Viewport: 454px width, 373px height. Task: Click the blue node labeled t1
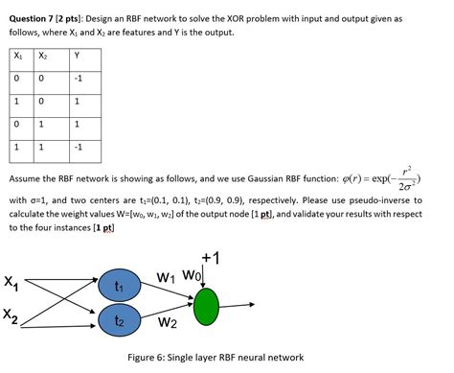[119, 285]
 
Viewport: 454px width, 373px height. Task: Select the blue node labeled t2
[119, 319]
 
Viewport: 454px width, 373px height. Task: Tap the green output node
[206, 307]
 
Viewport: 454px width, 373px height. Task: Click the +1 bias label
[211, 258]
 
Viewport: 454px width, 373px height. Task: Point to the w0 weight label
[192, 275]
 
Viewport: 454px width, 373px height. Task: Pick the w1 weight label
[166, 277]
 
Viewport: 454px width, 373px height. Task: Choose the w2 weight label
[168, 322]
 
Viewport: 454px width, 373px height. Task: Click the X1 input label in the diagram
[11, 283]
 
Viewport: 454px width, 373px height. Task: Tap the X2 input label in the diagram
[11, 315]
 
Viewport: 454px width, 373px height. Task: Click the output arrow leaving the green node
[237, 306]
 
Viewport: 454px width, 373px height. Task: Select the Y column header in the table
[77, 56]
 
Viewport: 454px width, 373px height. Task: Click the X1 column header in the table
[18, 56]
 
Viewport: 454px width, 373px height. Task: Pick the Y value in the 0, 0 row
[79, 79]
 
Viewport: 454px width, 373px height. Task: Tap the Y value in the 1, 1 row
[79, 147]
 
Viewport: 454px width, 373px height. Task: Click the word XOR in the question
[236, 19]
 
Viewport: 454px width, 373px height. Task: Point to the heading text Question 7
[32, 19]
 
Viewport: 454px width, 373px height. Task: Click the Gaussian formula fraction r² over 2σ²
[406, 179]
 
